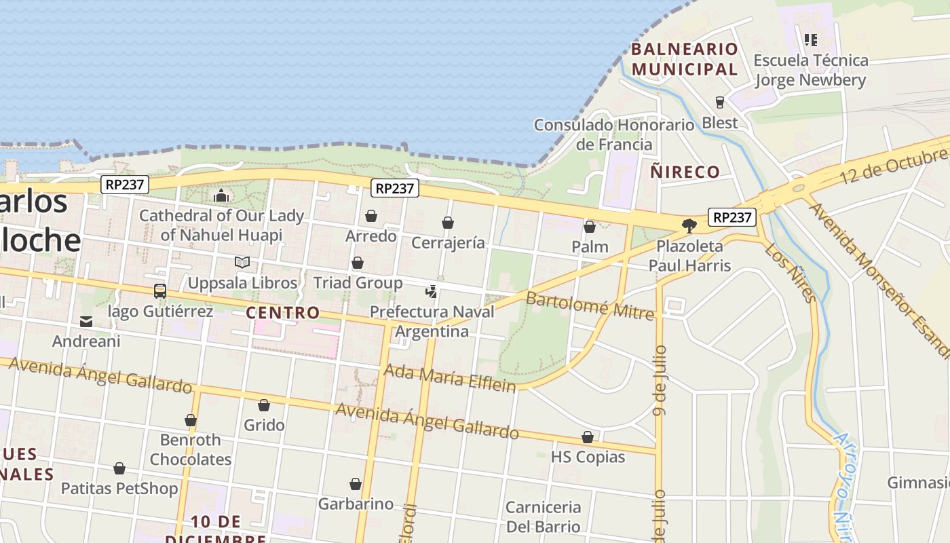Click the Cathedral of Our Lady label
[x=221, y=225]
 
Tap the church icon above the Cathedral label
[x=221, y=196]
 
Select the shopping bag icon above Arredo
[x=371, y=216]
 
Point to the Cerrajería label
[x=448, y=242]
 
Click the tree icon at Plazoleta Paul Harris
[x=689, y=225]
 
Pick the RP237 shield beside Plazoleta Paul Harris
[x=732, y=217]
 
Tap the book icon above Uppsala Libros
[x=242, y=262]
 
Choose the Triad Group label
[x=358, y=282]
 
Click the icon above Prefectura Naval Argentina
[x=431, y=292]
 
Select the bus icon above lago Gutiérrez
[x=160, y=291]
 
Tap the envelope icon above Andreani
[x=86, y=321]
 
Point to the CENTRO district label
[x=282, y=312]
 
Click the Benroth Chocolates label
[x=191, y=449]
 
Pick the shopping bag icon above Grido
[x=264, y=405]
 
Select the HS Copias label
[x=588, y=457]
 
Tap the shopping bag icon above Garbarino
[x=356, y=484]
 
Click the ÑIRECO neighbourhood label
[x=685, y=172]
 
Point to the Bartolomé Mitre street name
[x=590, y=305]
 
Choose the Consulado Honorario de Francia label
[x=614, y=134]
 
